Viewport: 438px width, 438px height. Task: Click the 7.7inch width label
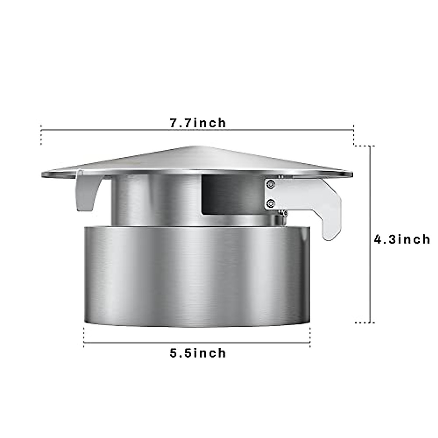[197, 123]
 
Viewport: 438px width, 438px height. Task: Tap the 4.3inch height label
[402, 239]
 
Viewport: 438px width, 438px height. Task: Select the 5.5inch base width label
[197, 353]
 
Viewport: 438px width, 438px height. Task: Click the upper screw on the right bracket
[270, 185]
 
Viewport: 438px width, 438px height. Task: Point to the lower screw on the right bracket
[270, 202]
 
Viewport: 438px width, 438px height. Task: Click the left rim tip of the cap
[43, 174]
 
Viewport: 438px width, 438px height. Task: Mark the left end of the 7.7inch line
[41, 129]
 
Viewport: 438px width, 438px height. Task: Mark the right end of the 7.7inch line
[353, 129]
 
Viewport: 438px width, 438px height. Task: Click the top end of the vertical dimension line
[371, 146]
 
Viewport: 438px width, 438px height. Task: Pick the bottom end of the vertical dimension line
[371, 322]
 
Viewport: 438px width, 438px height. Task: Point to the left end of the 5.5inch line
[84, 342]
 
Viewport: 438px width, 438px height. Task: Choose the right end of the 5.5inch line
[310, 342]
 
